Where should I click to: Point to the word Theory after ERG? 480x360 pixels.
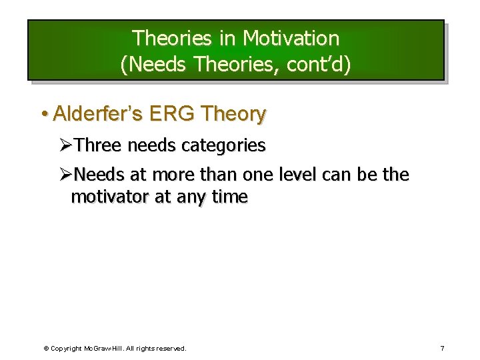pyautogui.click(x=233, y=114)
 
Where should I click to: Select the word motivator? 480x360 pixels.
pyautogui.click(x=109, y=197)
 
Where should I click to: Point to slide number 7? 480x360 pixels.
pyautogui.click(x=442, y=348)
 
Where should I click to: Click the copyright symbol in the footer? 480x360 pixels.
pyautogui.click(x=45, y=348)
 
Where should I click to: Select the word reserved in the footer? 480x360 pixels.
pyautogui.click(x=170, y=348)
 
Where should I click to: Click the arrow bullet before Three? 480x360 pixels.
pyautogui.click(x=65, y=145)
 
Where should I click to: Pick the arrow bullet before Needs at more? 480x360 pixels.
pyautogui.click(x=65, y=175)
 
